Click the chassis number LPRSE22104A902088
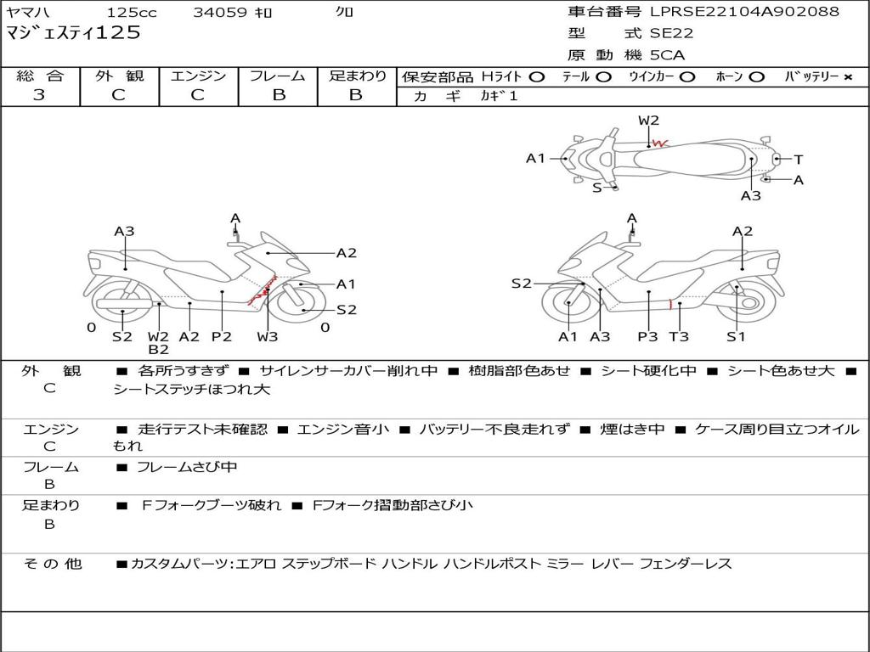tap(744, 12)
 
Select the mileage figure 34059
tap(220, 13)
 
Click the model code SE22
tap(671, 34)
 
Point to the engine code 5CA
tap(668, 55)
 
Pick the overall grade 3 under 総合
tap(39, 95)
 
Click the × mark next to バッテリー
tap(847, 77)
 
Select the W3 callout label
tap(268, 337)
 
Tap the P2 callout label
tap(221, 337)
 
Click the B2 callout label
tap(158, 350)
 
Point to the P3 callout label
tap(648, 337)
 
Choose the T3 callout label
tap(679, 337)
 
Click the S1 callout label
tap(736, 337)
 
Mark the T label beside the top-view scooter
tap(799, 160)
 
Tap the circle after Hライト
tap(536, 77)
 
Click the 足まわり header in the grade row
tap(357, 76)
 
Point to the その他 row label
tap(53, 564)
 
